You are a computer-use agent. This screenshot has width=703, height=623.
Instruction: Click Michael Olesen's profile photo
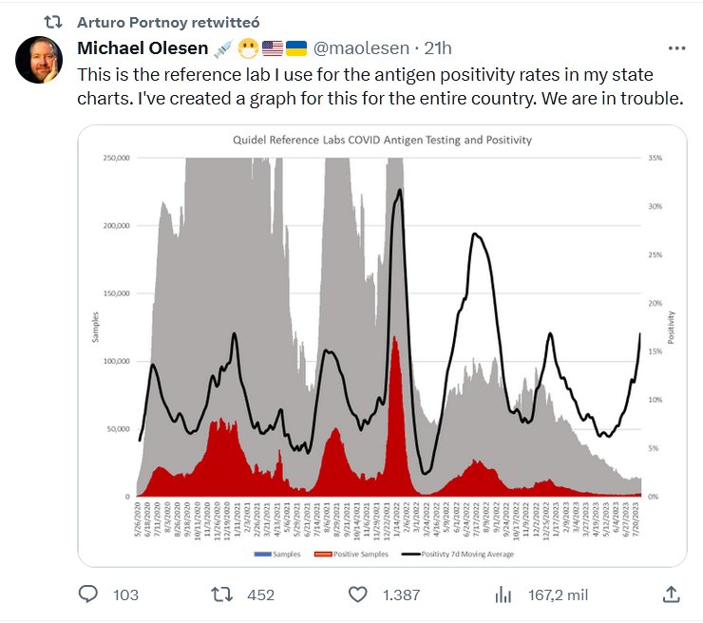click(40, 62)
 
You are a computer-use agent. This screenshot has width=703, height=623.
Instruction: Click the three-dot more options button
click(676, 48)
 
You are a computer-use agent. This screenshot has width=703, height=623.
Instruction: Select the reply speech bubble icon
click(88, 595)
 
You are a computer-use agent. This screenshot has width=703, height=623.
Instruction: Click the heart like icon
click(358, 595)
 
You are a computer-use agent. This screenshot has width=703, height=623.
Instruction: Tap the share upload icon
click(671, 595)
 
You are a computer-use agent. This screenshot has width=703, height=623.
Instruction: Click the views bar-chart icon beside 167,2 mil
click(503, 595)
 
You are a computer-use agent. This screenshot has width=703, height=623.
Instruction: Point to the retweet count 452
click(259, 595)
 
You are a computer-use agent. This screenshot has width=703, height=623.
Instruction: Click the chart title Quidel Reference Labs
click(382, 140)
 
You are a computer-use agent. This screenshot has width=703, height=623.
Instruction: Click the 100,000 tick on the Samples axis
click(115, 361)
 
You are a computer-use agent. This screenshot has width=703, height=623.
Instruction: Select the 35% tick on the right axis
click(655, 158)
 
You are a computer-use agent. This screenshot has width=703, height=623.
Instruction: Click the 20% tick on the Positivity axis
click(655, 303)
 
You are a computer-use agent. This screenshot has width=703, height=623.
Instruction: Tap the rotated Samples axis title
click(95, 327)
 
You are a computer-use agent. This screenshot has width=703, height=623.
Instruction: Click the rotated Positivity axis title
click(671, 327)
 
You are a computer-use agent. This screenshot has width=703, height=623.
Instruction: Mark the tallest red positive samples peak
click(395, 338)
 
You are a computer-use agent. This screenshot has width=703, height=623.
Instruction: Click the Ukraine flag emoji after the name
click(296, 48)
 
